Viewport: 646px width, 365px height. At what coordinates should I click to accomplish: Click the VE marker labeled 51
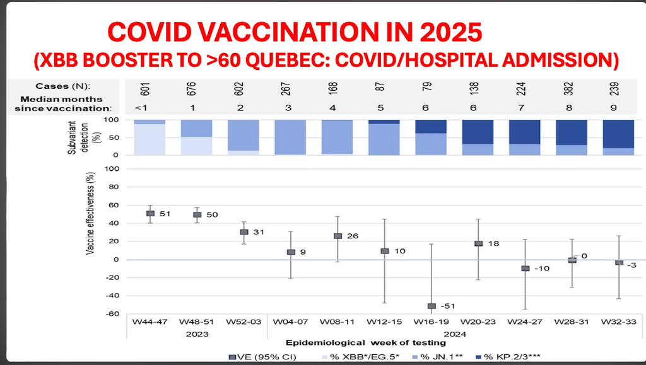tap(150, 213)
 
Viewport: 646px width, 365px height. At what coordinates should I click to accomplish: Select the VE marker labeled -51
tap(432, 306)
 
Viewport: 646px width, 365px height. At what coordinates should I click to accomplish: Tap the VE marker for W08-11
tap(338, 236)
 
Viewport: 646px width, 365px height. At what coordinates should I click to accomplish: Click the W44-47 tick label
tap(150, 322)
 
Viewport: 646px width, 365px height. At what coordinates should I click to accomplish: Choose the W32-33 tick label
tap(620, 322)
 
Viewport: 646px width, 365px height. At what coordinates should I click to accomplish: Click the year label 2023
tap(197, 333)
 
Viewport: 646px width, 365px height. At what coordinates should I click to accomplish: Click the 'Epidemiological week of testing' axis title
tap(365, 343)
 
